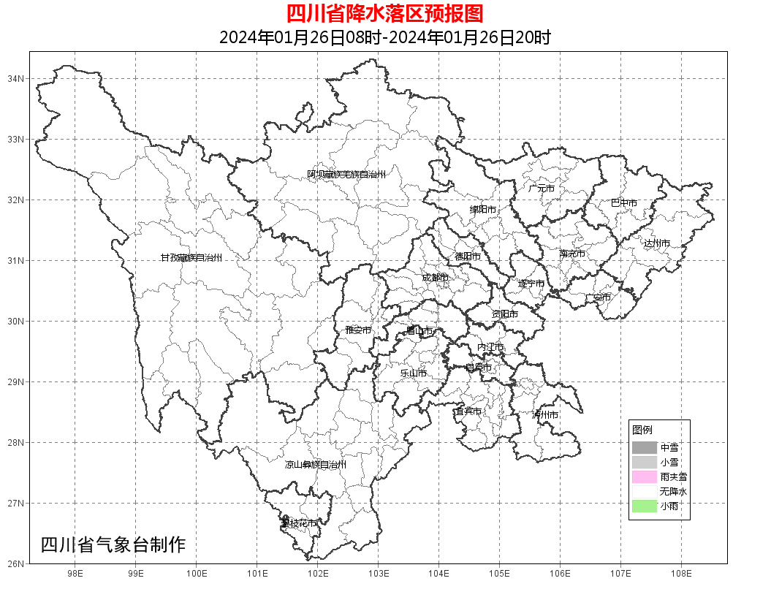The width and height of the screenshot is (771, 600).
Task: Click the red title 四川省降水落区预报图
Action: click(x=384, y=13)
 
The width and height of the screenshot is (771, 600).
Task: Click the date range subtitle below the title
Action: click(x=384, y=37)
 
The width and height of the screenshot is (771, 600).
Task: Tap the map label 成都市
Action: click(x=435, y=278)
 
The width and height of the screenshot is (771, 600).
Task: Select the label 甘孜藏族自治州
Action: click(x=191, y=258)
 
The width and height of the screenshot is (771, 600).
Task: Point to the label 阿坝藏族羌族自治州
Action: click(x=346, y=175)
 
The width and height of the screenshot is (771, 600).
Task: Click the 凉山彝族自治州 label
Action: click(x=316, y=465)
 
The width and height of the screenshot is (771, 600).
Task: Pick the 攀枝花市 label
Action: click(x=299, y=523)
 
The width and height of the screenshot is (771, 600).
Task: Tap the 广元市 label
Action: click(x=542, y=189)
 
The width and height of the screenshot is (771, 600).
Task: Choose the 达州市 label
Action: click(x=657, y=243)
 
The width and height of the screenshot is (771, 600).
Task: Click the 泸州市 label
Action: click(x=545, y=415)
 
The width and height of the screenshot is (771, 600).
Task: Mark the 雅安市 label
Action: click(x=358, y=330)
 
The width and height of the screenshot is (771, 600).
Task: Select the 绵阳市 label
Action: click(x=482, y=210)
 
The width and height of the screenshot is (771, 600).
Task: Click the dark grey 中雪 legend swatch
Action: click(x=645, y=447)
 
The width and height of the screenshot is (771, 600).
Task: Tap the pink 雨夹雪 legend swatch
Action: click(x=645, y=476)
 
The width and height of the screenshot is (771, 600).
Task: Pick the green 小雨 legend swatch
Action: click(x=645, y=506)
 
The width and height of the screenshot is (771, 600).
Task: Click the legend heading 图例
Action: click(x=642, y=430)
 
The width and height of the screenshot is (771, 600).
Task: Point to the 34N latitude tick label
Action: click(x=17, y=78)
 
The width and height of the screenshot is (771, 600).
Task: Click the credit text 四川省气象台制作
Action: click(x=113, y=544)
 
